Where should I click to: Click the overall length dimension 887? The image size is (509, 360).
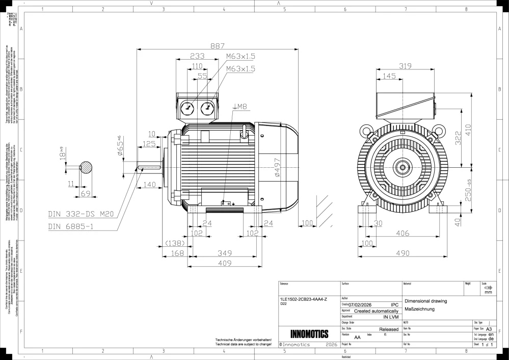click(218, 45)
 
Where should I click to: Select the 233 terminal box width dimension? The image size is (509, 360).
click(197, 56)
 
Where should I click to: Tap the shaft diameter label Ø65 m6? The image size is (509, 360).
click(120, 149)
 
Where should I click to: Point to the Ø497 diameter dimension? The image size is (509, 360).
click(278, 167)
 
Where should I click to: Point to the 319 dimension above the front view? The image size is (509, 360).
click(406, 66)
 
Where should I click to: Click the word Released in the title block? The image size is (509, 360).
click(389, 329)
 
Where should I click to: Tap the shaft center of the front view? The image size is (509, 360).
click(403, 167)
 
